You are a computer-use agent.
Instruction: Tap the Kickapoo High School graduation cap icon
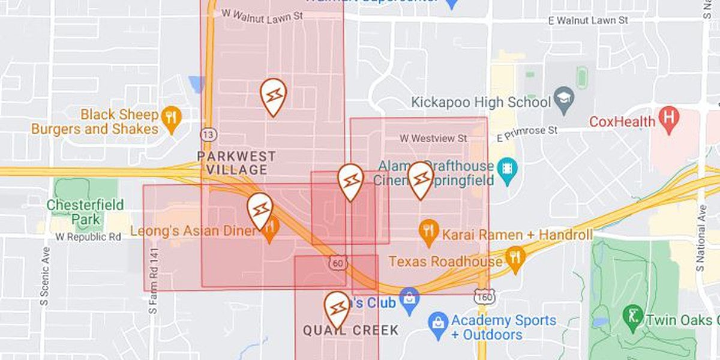(x=564, y=102)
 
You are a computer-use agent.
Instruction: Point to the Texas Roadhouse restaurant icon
(x=515, y=260)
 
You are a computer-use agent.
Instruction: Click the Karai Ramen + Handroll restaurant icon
(x=428, y=233)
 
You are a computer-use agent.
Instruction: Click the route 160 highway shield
(x=483, y=296)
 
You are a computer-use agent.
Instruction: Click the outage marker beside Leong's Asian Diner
(x=260, y=211)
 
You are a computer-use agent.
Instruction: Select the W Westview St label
(x=433, y=139)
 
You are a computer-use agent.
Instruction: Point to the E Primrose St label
(x=527, y=130)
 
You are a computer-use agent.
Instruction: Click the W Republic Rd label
(x=88, y=237)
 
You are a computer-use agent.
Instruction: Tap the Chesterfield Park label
(x=85, y=211)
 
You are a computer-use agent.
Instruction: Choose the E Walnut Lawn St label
(x=588, y=20)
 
